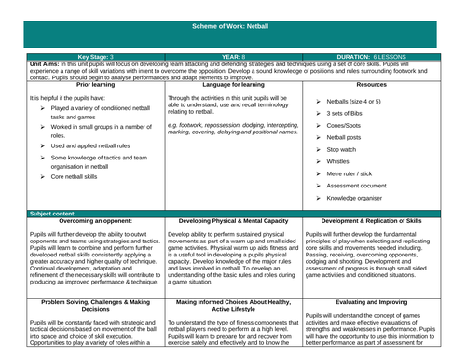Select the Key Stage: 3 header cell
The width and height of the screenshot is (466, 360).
coord(75,56)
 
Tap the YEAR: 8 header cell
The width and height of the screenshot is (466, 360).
coord(232,56)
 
